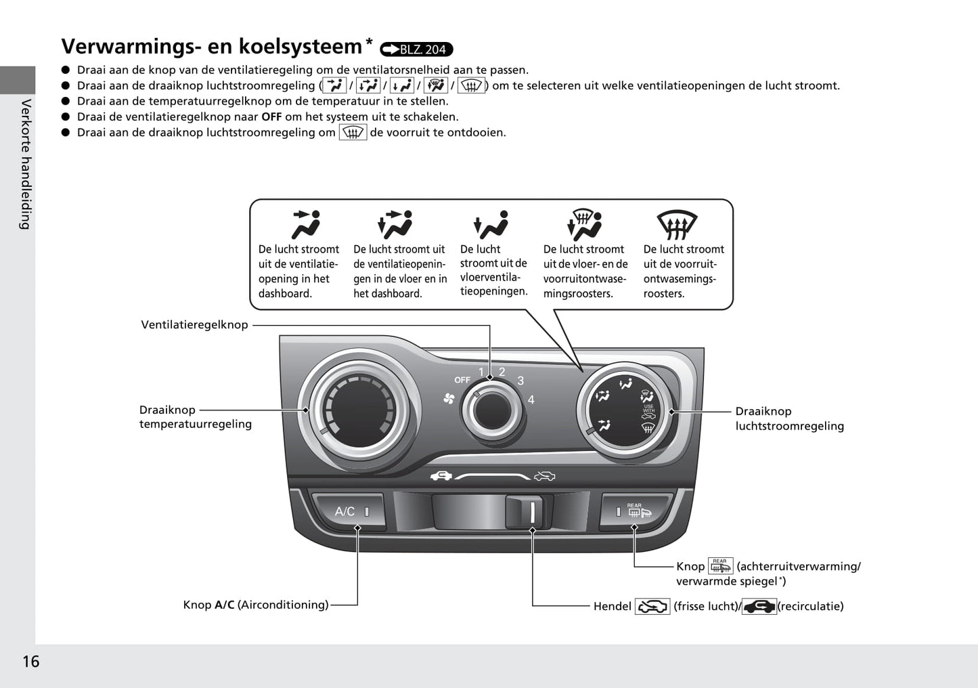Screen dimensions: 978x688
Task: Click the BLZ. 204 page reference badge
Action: pos(416,49)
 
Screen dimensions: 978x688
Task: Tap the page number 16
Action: pos(31,662)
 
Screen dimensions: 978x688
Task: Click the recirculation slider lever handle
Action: pos(524,512)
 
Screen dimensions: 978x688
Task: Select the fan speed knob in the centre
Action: pos(492,410)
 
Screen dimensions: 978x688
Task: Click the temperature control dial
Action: pos(359,410)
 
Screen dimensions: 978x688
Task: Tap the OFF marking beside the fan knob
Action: pos(462,380)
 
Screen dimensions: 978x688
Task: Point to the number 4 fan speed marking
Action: pos(531,400)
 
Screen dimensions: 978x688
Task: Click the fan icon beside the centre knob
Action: pos(449,398)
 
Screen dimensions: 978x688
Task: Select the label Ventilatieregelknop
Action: pos(194,324)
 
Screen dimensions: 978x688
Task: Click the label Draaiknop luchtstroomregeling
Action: pos(789,418)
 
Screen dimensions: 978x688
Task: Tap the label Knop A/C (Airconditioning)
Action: pos(255,605)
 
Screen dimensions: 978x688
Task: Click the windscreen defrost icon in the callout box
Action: pos(677,225)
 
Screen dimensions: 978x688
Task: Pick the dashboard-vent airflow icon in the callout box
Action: pos(307,225)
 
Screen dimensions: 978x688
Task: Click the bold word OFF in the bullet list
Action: pos(271,116)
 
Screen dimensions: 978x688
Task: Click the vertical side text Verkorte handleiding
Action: pos(26,165)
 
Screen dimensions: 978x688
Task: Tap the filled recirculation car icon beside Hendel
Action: pos(759,606)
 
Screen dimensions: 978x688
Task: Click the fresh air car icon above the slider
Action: pos(544,475)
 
